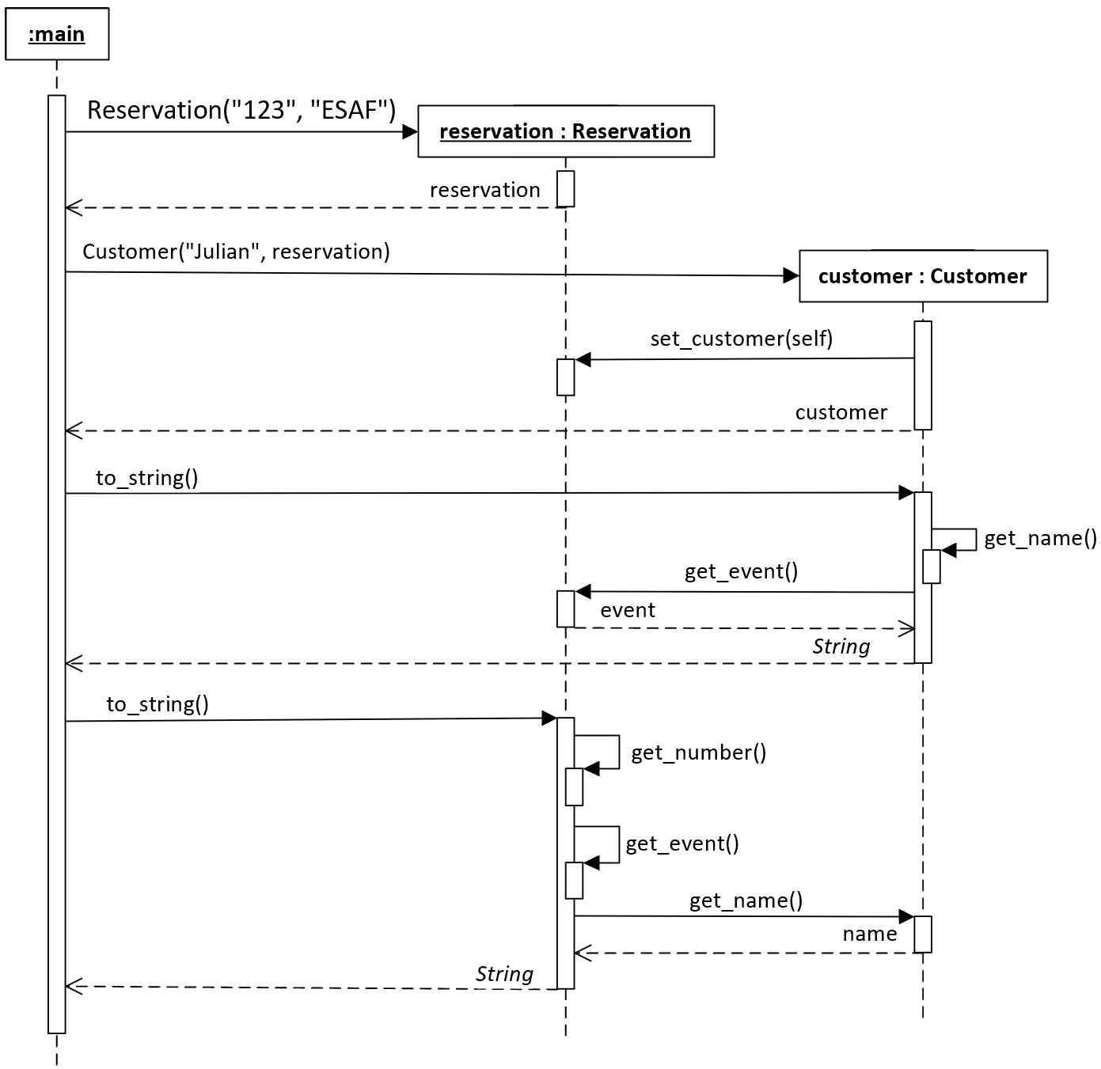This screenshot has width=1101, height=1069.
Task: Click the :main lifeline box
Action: coord(57,34)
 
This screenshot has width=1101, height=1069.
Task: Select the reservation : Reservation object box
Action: coord(566,131)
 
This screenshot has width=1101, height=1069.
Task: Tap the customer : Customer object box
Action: coord(923,276)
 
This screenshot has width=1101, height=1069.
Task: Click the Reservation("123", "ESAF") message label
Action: coord(241,110)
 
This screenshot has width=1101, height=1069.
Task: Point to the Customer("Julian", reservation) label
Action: coord(237,251)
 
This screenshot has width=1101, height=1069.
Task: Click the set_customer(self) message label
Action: coord(741,339)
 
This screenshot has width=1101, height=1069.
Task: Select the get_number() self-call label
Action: coord(699,752)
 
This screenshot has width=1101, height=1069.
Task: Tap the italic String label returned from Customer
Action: coord(841,646)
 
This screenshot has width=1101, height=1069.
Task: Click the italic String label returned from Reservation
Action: coord(504,974)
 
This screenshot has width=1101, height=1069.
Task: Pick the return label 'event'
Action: coord(628,610)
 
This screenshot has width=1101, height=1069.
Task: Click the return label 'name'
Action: coord(870,934)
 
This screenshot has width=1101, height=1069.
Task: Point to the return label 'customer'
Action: coord(841,412)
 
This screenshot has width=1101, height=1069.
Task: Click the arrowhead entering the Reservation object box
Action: coord(410,132)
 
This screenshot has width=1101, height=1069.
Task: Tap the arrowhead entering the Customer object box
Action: coord(791,276)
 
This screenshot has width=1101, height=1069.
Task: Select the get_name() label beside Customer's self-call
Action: coord(1041,538)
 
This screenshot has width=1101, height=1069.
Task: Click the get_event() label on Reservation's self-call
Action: coord(682,844)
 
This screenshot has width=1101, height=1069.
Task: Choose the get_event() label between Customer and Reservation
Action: coord(741,571)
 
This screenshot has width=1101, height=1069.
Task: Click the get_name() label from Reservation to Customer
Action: coord(746,900)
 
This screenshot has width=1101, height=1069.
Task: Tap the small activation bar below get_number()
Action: coord(575,787)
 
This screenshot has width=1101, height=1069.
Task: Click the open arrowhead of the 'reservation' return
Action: coord(74,207)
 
